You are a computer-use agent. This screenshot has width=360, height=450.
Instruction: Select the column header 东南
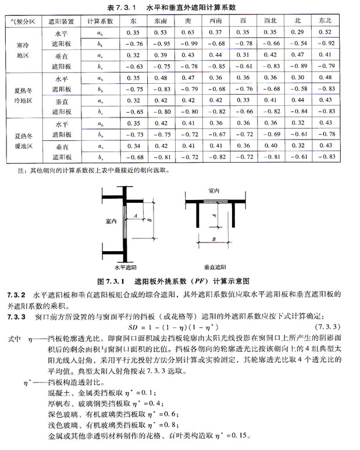pos(161,20)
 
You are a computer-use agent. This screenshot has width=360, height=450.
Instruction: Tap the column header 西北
pos(270,20)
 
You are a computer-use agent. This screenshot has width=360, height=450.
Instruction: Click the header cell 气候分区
pos(23,20)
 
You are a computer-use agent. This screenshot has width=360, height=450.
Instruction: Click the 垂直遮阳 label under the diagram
pos(215,267)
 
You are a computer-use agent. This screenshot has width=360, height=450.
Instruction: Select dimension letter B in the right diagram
pos(216,238)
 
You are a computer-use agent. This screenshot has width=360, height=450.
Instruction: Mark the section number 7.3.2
pos(16,294)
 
